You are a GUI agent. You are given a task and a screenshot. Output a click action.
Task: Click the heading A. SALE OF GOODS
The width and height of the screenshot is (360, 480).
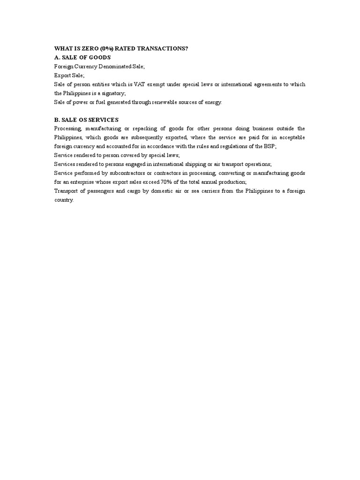click(82, 57)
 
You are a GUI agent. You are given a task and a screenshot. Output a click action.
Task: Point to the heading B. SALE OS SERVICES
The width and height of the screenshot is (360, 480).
click(86, 120)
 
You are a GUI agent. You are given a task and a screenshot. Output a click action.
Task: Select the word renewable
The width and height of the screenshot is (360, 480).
click(161, 102)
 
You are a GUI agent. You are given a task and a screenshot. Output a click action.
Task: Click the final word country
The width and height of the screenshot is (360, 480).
click(64, 200)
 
